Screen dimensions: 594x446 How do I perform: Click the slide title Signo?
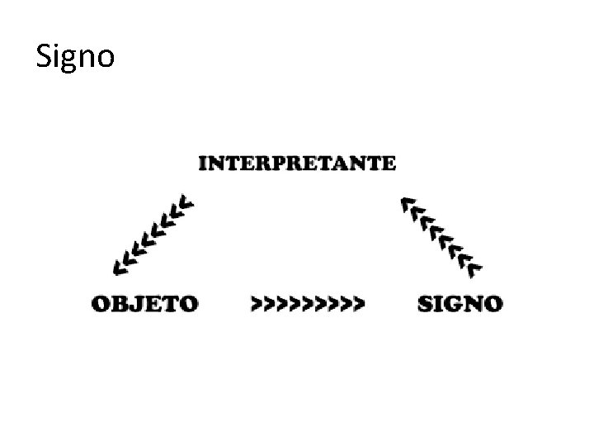click(x=76, y=57)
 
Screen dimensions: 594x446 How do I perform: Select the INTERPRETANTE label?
click(x=296, y=162)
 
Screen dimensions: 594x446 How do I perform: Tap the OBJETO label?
click(x=145, y=304)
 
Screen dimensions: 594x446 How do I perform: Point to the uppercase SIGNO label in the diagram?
click(x=460, y=304)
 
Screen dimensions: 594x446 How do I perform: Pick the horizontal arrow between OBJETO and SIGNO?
click(x=307, y=304)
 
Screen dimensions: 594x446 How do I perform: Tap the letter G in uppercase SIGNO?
click(x=455, y=304)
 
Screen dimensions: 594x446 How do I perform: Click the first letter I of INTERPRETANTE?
click(x=203, y=162)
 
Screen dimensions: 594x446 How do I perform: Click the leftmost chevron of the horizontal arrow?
click(x=257, y=304)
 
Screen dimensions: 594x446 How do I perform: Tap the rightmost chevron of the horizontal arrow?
click(x=357, y=304)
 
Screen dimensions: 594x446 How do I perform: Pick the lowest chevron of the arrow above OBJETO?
click(x=120, y=265)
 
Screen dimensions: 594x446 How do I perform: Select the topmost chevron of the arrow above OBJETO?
click(x=189, y=202)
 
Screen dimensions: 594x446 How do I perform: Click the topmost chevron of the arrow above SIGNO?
click(x=406, y=202)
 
